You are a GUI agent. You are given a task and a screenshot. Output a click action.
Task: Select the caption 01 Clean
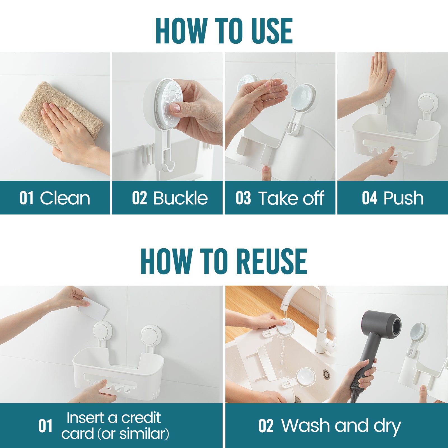[55, 198]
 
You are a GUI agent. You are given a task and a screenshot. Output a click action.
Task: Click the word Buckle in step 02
[180, 198]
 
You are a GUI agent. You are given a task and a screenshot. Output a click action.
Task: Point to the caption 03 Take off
[280, 198]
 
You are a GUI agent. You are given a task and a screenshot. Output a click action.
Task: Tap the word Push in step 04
[403, 198]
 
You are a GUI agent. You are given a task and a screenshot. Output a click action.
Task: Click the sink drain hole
[326, 373]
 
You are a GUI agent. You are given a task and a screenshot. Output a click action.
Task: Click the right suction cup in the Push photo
[428, 103]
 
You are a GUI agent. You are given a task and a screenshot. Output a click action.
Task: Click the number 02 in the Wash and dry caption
[266, 426]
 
